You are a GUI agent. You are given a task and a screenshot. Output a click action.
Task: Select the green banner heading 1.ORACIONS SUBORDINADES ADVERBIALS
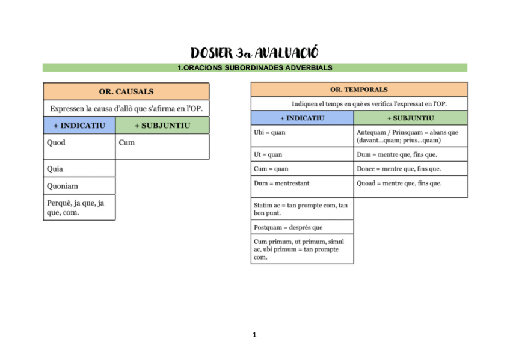(254, 68)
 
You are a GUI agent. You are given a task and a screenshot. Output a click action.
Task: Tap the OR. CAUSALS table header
(126, 91)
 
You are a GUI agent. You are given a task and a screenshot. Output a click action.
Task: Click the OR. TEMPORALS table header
(359, 90)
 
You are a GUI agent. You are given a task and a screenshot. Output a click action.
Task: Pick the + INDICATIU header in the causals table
(79, 126)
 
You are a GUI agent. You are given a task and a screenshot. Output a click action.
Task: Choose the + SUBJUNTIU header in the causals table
(162, 126)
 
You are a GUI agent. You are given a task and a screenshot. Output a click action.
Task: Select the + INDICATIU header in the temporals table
(302, 118)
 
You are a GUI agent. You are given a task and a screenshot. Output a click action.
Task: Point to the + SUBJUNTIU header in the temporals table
(410, 118)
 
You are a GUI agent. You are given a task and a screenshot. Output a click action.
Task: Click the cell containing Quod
(79, 146)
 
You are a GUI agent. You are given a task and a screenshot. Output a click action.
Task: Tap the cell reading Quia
(79, 169)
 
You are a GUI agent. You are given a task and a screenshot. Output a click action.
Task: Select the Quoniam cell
(79, 186)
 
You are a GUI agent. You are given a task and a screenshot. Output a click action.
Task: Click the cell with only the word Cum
(162, 146)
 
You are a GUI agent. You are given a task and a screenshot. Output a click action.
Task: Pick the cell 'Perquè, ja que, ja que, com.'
(79, 207)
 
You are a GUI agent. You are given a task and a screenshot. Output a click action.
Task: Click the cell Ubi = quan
(302, 136)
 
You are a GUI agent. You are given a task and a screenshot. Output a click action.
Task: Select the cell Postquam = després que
(302, 227)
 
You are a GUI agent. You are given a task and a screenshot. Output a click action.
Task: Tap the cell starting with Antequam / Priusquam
(410, 136)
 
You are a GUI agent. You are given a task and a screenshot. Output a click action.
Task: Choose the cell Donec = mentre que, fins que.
(410, 169)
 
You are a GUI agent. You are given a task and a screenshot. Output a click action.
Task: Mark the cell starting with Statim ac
(302, 209)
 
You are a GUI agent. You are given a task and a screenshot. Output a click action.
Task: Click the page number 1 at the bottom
(255, 335)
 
